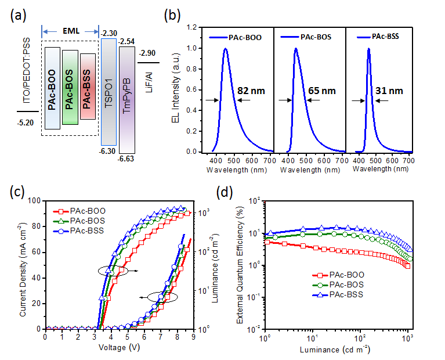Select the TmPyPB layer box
[126, 99]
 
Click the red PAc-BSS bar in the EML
[89, 87]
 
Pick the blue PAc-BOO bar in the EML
[52, 88]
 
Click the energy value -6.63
[127, 157]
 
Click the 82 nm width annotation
[251, 91]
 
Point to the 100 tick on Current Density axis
[37, 201]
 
